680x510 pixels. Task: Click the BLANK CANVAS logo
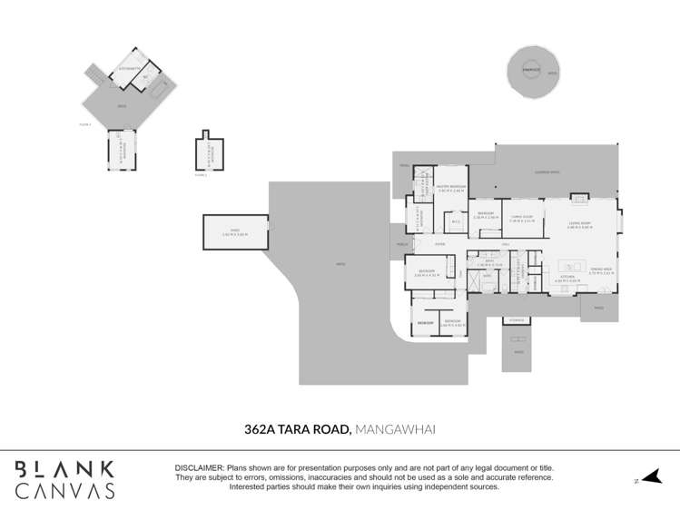pos(64,480)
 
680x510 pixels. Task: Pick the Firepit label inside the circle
pos(531,69)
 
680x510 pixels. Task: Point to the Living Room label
pos(579,224)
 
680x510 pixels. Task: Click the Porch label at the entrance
pos(400,246)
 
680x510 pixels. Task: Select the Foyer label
pos(439,244)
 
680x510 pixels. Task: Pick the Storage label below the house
pos(517,319)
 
